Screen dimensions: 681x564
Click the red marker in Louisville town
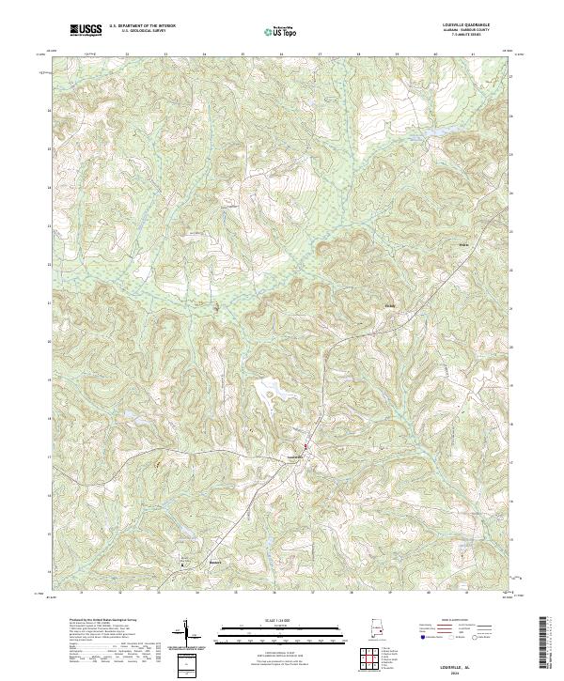(305, 446)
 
